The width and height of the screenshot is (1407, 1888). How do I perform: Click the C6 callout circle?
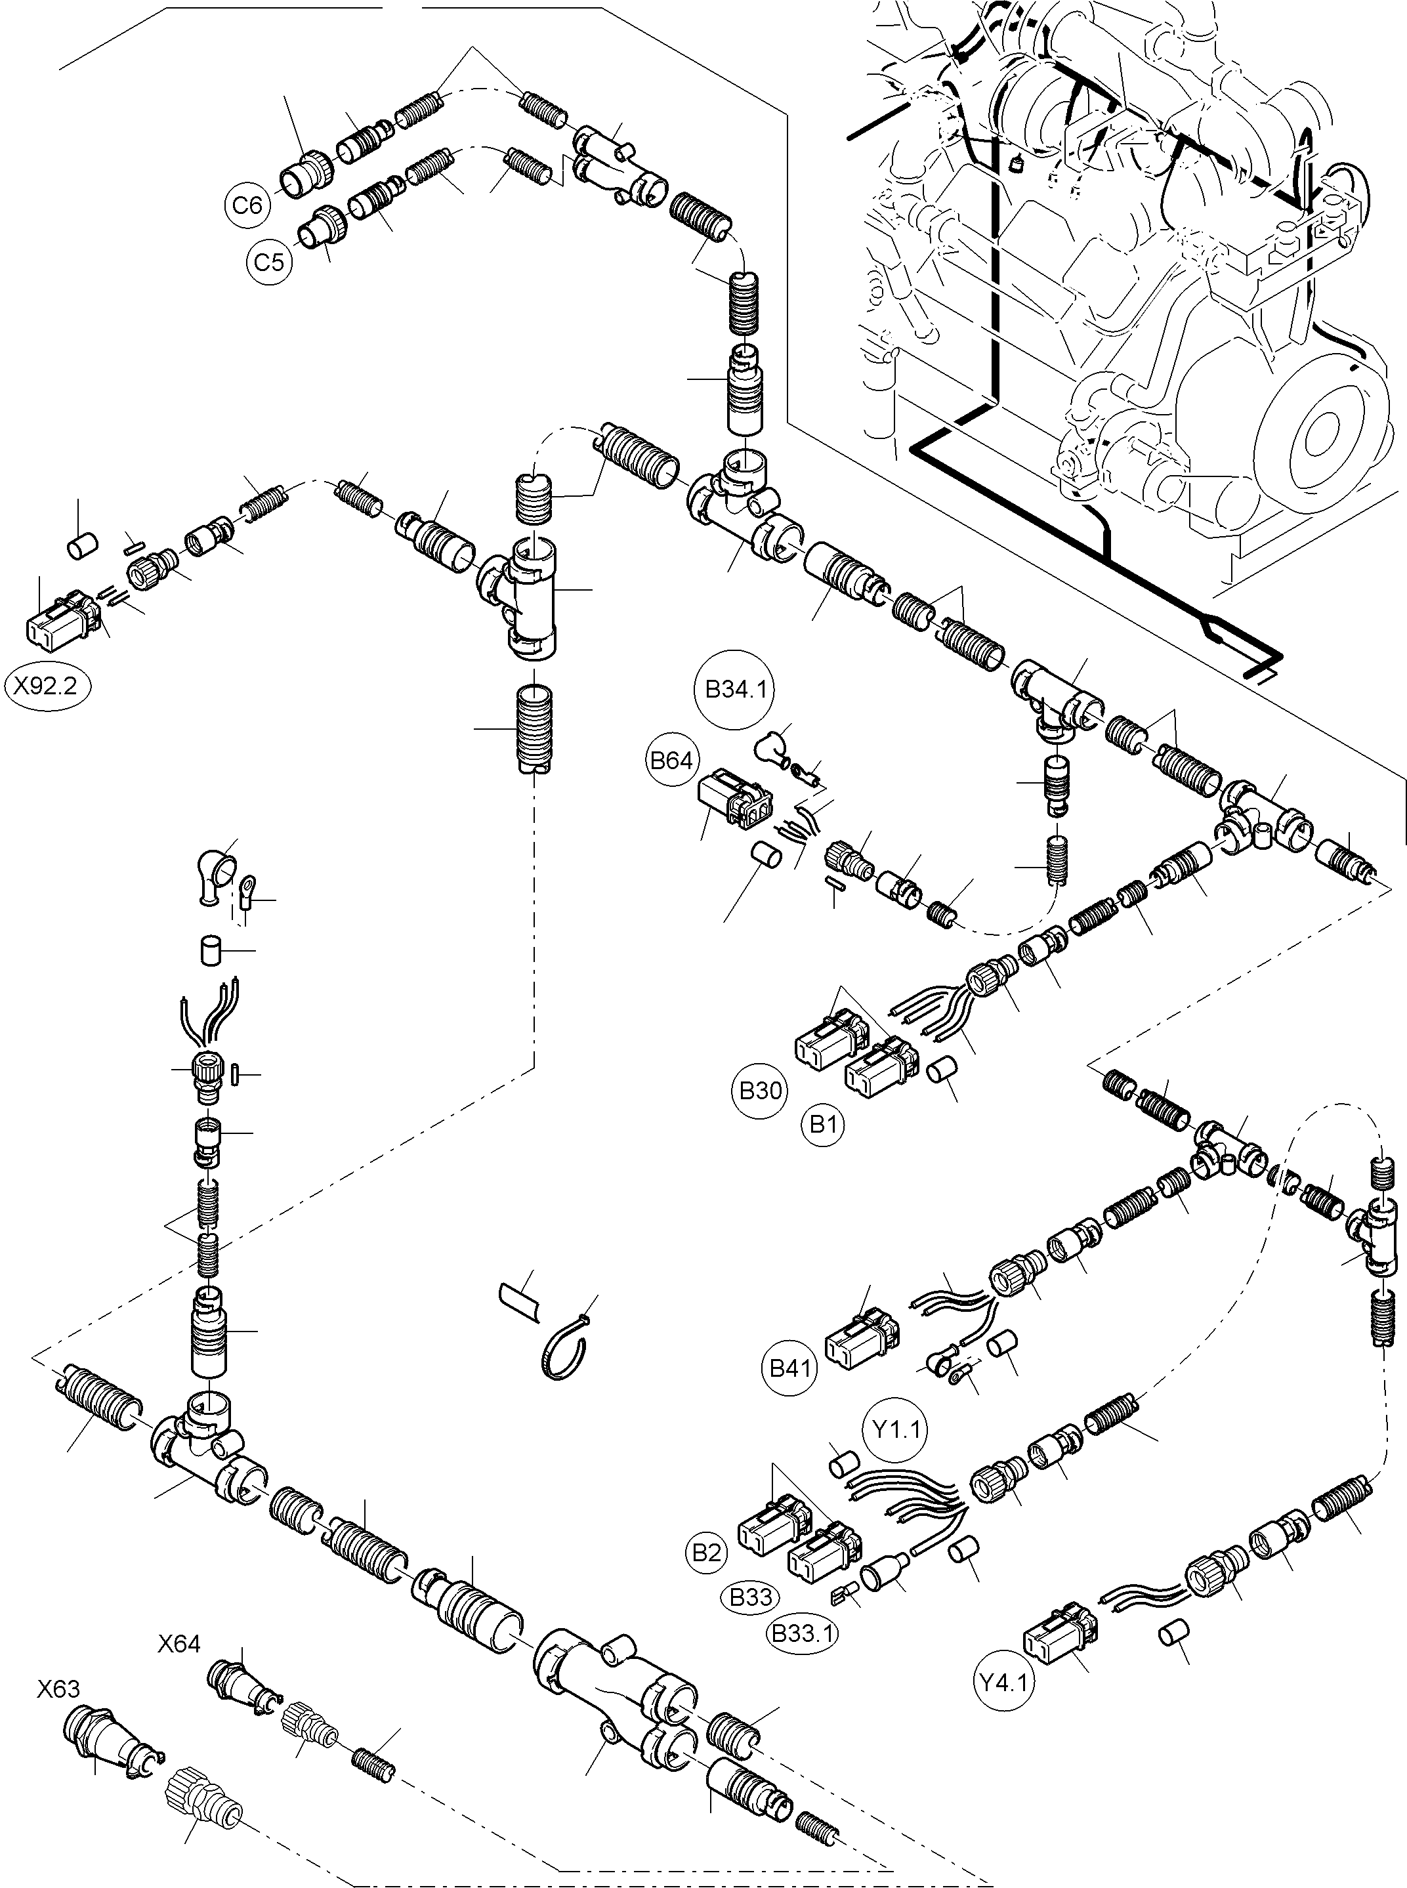248,206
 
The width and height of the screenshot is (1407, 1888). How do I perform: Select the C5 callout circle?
269,261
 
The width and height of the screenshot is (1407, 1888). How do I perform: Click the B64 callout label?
671,761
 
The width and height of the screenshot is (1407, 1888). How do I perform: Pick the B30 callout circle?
760,1091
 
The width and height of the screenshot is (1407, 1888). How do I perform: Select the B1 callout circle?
823,1125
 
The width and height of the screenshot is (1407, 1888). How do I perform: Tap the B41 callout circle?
789,1368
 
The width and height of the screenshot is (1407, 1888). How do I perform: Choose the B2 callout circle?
706,1553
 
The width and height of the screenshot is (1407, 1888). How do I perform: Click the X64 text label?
179,1644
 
